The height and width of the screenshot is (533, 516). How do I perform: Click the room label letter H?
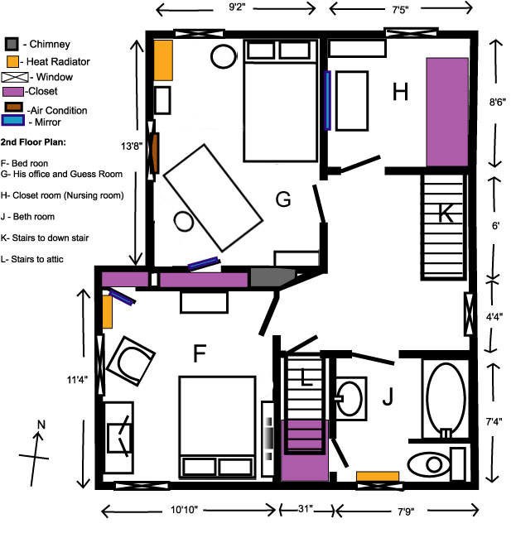(x=401, y=93)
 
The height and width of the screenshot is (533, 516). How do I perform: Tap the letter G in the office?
(x=282, y=199)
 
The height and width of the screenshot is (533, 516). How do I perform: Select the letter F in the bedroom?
(x=199, y=354)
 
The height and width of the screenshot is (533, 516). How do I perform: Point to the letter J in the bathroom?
(x=386, y=399)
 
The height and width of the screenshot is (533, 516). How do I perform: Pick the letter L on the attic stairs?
(x=306, y=380)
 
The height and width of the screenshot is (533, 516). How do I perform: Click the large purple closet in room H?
(x=448, y=112)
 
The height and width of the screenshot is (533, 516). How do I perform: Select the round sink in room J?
(x=352, y=397)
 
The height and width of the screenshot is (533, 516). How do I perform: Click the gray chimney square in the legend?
(x=12, y=44)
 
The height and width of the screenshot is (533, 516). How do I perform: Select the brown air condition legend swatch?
(x=12, y=108)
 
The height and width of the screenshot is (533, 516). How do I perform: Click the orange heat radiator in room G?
(x=162, y=60)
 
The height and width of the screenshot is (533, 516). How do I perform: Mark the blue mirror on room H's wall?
(x=328, y=100)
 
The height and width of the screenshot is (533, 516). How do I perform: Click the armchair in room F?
(x=131, y=360)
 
